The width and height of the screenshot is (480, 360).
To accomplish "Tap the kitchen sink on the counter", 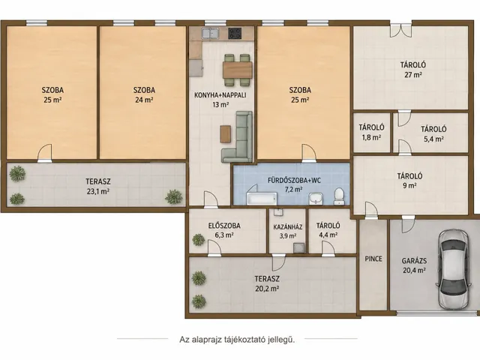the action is [210, 33].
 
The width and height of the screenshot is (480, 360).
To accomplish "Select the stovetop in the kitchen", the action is [235, 33].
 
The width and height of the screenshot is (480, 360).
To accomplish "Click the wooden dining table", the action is [238, 70].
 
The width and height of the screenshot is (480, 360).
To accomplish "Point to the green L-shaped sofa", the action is [238, 136].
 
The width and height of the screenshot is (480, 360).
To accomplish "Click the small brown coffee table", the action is [226, 133].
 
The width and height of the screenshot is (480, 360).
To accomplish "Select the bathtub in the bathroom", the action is [262, 199].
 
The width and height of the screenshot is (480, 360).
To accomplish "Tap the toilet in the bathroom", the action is [339, 196].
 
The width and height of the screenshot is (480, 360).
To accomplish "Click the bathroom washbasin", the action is [315, 198].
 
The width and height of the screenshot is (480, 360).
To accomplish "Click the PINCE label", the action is [373, 259].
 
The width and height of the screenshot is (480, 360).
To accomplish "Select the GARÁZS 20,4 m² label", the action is [414, 265].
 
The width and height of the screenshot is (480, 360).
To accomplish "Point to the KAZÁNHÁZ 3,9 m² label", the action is [288, 232].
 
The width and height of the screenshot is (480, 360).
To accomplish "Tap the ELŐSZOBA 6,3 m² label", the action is [224, 230].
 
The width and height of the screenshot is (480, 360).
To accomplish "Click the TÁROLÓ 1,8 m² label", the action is [372, 132].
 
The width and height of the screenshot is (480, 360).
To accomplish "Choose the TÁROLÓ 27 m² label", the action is [413, 70].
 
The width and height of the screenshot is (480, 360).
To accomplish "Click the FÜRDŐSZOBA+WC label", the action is [294, 180].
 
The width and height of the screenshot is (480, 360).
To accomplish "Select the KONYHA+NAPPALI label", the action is [220, 95].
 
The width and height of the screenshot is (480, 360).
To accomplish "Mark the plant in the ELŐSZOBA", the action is [198, 240].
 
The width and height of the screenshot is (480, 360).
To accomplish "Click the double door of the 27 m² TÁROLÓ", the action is [400, 30].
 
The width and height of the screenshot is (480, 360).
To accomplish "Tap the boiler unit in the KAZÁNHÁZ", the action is [298, 248].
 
